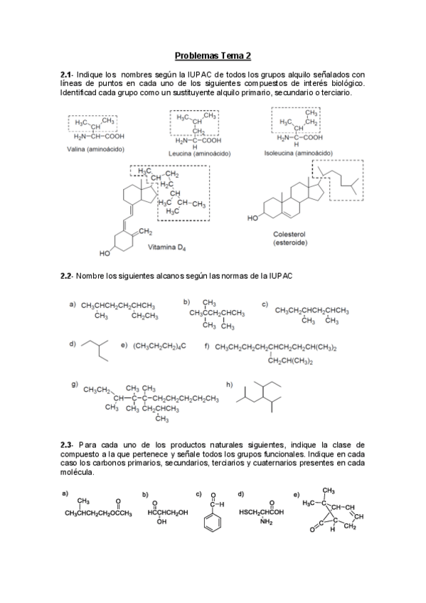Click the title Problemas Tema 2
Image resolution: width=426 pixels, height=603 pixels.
click(213, 55)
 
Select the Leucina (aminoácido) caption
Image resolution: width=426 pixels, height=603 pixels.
click(203, 153)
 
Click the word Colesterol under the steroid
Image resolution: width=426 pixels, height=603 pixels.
click(289, 234)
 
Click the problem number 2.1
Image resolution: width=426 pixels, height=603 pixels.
click(67, 74)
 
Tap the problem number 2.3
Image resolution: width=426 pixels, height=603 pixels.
click(67, 444)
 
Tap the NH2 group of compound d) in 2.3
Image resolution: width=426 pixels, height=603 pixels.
click(267, 522)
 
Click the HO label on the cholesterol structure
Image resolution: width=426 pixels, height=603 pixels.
click(252, 219)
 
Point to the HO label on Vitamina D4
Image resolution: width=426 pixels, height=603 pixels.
click(106, 253)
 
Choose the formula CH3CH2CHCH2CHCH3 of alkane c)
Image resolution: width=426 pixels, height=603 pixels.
click(311, 310)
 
